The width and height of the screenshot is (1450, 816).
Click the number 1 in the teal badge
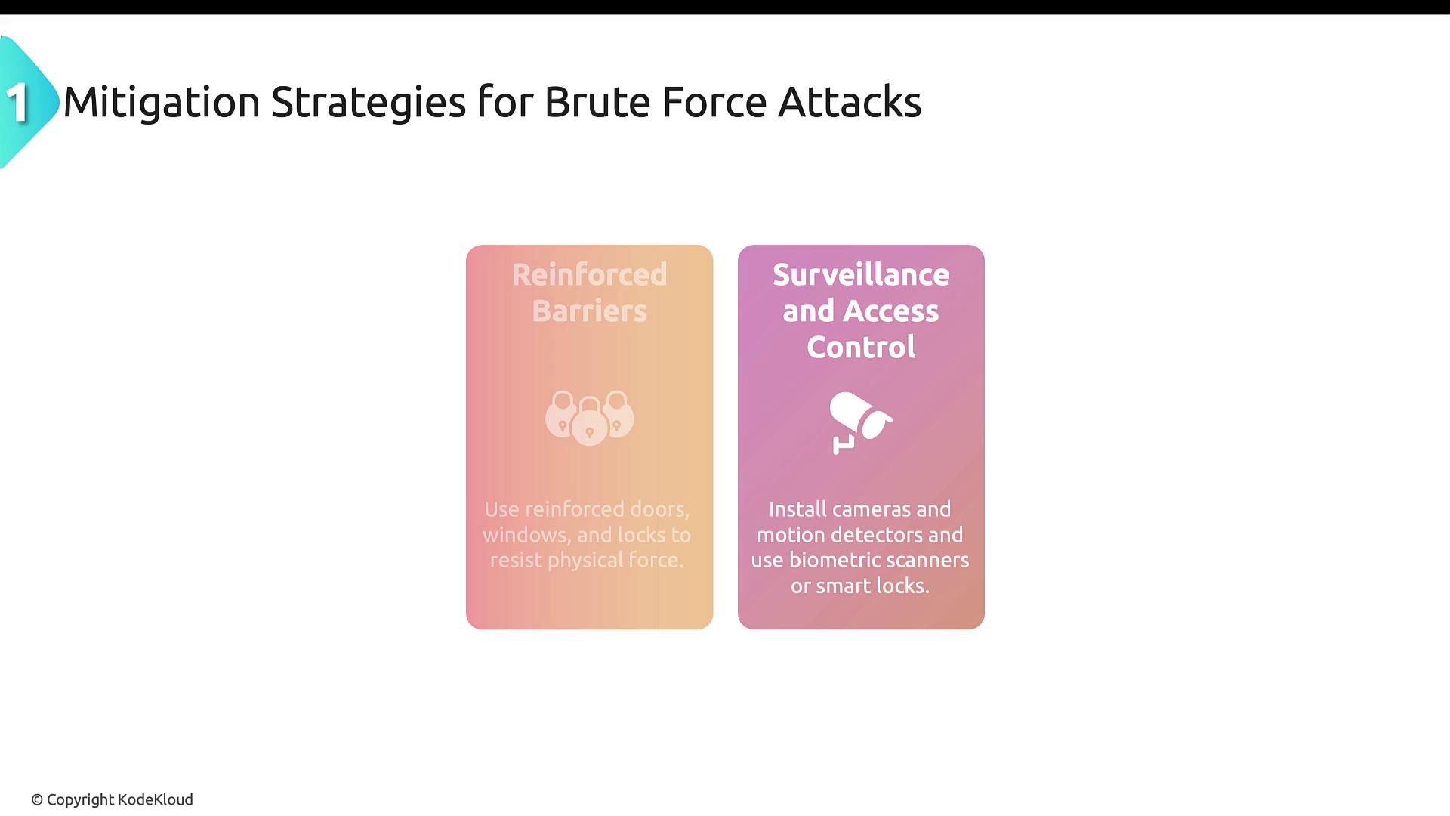[x=17, y=102]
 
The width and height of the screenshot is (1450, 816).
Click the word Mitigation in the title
[x=162, y=102]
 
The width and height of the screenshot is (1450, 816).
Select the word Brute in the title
[x=597, y=102]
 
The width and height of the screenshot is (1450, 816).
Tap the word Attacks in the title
[x=850, y=102]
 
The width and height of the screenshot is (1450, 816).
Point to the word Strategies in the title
[x=369, y=103]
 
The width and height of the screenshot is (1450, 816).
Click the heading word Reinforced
[x=590, y=274]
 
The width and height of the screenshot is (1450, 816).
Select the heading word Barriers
[x=590, y=311]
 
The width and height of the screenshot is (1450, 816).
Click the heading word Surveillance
[x=861, y=274]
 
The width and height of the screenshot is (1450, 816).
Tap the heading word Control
[x=861, y=347]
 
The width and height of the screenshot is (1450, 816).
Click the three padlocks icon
[x=590, y=418]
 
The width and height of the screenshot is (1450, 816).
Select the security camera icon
[x=861, y=422]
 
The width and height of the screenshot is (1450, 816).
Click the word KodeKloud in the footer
[x=156, y=799]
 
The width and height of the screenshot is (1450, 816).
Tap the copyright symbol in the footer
[x=37, y=800]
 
